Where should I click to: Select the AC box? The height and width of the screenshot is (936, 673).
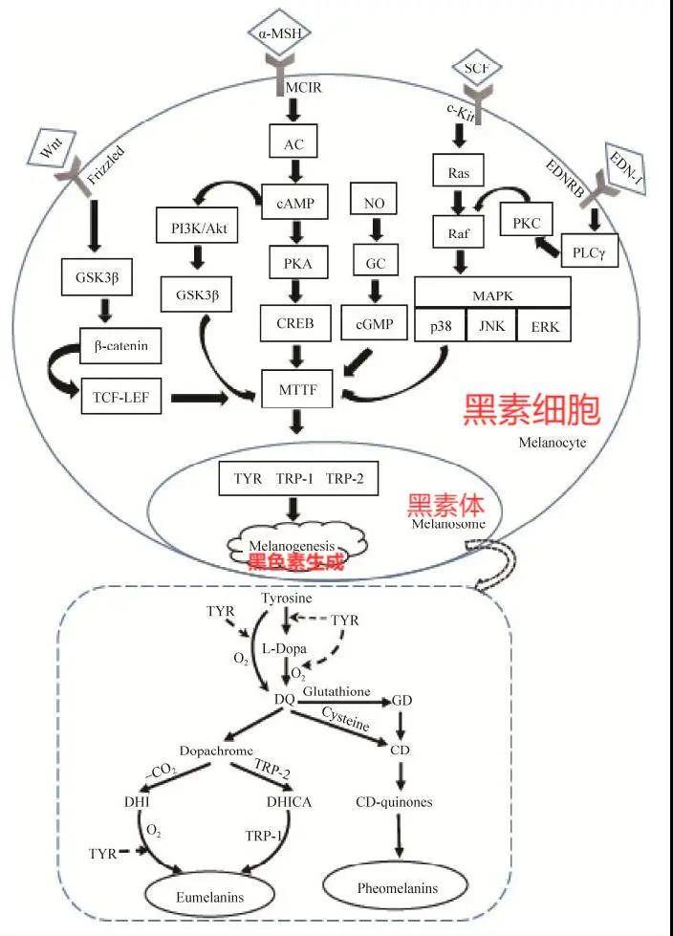coord(293,144)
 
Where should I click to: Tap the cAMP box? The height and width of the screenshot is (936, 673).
coord(293,203)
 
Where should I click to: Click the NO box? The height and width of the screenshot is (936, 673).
coord(373,203)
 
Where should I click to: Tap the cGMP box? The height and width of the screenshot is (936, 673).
coord(374,322)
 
